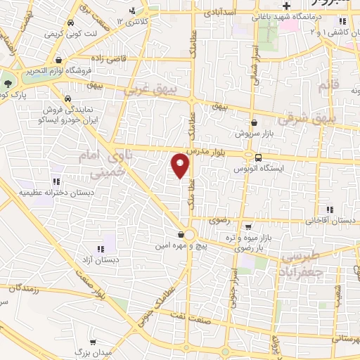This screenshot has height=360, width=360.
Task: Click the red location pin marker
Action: click(181, 165)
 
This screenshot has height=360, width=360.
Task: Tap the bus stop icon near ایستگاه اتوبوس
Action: click(259, 157)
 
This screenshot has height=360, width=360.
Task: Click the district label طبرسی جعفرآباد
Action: click(304, 264)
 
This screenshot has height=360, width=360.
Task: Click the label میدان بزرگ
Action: click(89, 349)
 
